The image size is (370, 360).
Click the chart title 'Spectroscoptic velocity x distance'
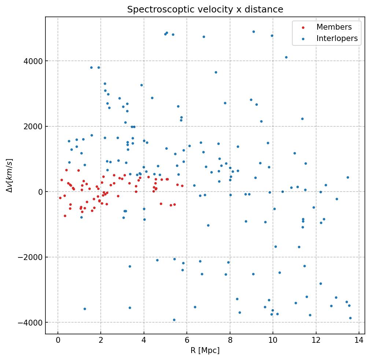click(205, 10)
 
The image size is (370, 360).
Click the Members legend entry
click(334, 27)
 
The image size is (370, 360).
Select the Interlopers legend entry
click(337, 38)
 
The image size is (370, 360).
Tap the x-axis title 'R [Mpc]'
click(205, 350)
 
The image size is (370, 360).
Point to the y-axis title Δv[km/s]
click(10, 175)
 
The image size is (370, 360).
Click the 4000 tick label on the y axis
click(34, 61)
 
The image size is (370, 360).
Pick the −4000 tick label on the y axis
click(32, 323)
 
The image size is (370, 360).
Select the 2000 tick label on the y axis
click(34, 126)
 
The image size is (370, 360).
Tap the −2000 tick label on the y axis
click(32, 257)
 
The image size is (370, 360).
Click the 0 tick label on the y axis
click(40, 192)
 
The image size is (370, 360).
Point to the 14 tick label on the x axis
click(359, 340)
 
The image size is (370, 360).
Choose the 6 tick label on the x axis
click(187, 340)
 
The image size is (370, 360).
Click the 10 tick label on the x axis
click(273, 340)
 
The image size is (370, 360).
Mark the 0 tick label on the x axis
click(58, 340)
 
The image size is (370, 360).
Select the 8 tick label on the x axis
click(230, 340)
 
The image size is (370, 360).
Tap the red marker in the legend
click(303, 27)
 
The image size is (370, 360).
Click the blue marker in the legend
click(303, 39)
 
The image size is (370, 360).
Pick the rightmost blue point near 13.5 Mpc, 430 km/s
click(348, 178)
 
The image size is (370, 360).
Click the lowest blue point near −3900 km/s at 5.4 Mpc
click(174, 320)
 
